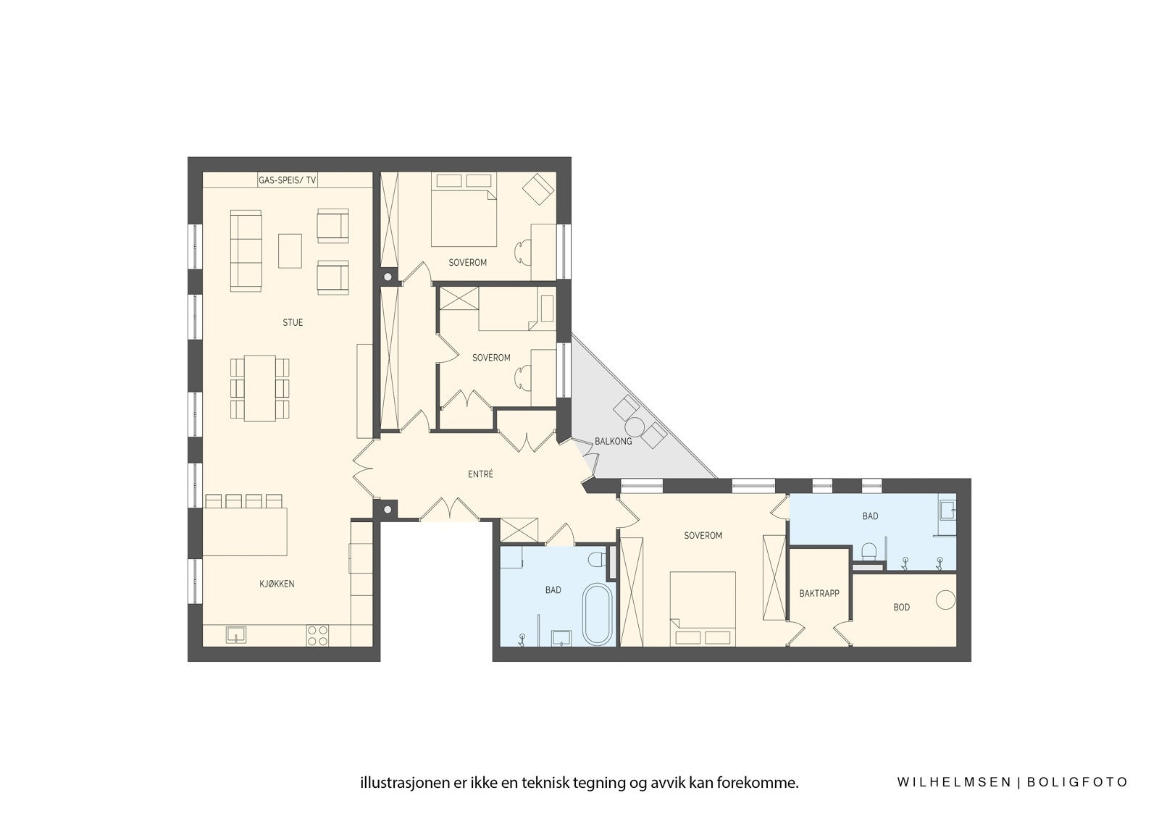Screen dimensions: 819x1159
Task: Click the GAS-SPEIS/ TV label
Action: (287, 180)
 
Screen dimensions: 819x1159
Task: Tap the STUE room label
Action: (293, 322)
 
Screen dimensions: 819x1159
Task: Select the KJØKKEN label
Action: (277, 584)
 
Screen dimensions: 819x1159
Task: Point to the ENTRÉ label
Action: (480, 474)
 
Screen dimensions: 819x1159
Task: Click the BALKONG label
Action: (613, 441)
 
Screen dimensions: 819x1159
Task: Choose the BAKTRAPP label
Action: (819, 593)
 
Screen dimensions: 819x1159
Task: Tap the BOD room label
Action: (901, 608)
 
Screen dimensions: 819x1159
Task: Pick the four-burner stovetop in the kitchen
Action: (317, 635)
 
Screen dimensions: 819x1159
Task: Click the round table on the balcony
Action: (636, 426)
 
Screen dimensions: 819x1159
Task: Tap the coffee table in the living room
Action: (290, 251)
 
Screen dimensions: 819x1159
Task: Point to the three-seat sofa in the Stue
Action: (246, 251)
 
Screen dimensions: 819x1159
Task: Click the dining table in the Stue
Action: (259, 387)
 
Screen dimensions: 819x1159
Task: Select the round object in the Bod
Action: (945, 600)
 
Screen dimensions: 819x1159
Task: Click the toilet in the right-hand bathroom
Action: (869, 552)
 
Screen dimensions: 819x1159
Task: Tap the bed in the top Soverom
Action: (464, 210)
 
